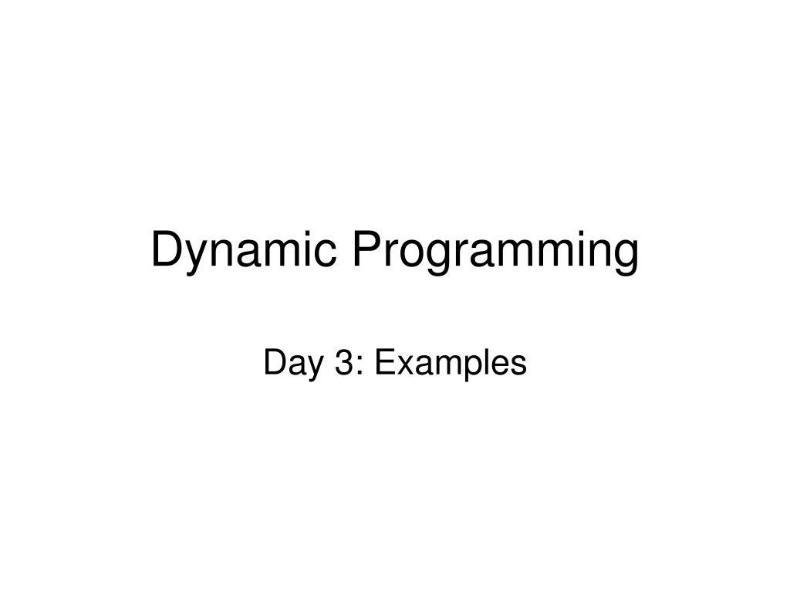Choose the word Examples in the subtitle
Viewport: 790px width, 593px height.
click(449, 363)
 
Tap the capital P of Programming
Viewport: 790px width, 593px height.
click(369, 250)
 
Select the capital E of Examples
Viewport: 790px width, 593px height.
click(384, 363)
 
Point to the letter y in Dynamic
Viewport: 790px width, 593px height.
click(196, 258)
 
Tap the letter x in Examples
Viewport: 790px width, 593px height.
click(402, 366)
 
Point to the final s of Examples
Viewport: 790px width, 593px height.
click(518, 366)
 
